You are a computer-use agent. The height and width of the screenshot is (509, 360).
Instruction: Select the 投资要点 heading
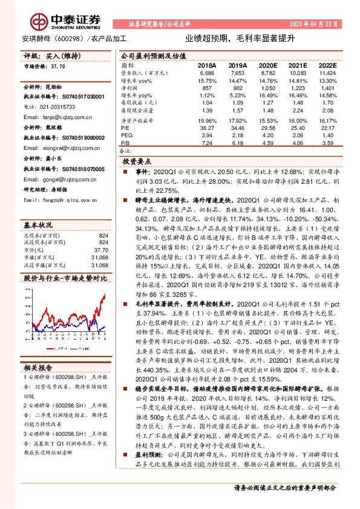tap(136, 162)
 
